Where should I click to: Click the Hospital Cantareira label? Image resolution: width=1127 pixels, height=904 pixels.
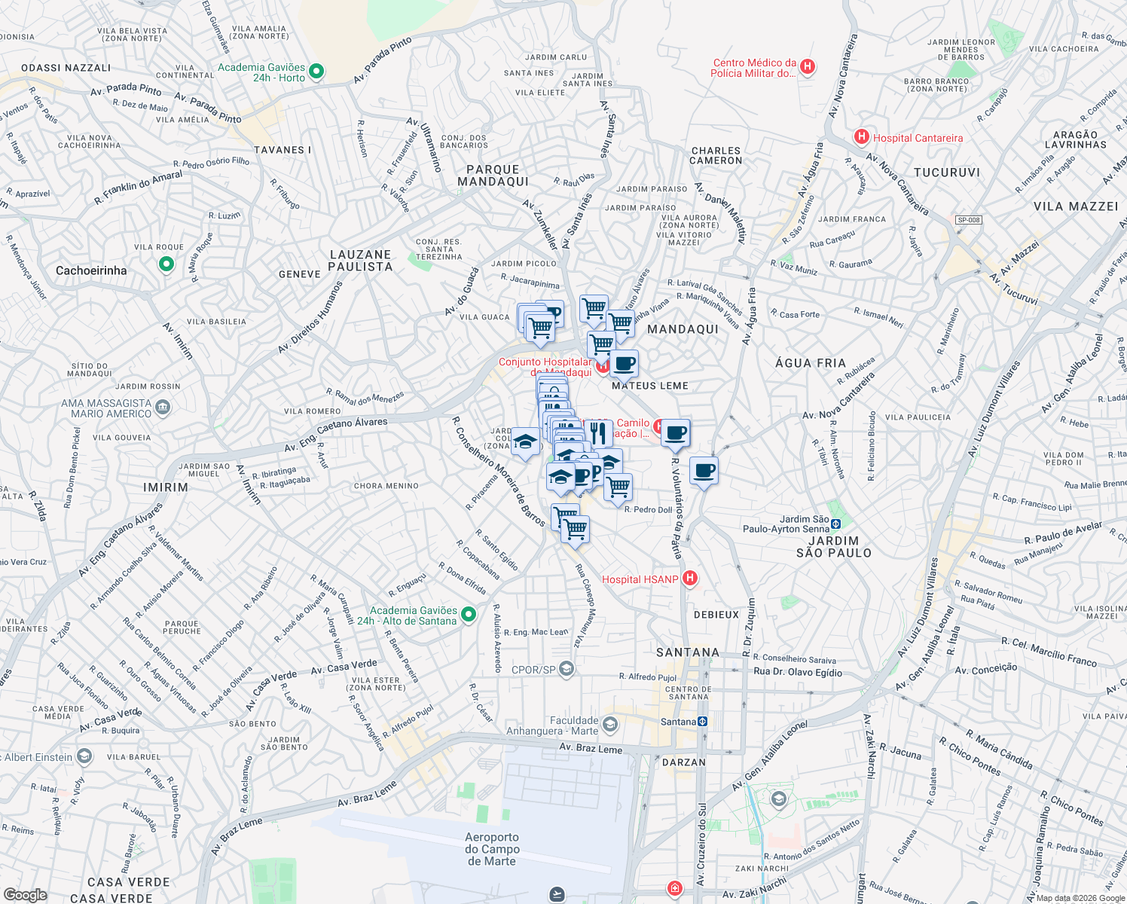tap(918, 138)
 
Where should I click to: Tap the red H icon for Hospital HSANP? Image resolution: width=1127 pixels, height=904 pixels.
tap(689, 579)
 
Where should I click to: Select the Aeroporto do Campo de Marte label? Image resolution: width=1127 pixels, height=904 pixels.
tap(491, 849)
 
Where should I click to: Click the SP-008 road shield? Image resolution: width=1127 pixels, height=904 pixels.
tap(968, 220)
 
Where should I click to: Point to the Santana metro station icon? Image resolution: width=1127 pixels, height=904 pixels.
tap(702, 722)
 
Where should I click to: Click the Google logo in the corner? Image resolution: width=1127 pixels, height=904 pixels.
tap(25, 895)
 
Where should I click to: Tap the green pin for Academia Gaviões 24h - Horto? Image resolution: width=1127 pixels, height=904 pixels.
tap(316, 72)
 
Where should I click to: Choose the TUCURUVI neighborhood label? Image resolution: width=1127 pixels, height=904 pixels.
tap(947, 173)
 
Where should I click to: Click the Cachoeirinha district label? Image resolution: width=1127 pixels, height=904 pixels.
tap(91, 270)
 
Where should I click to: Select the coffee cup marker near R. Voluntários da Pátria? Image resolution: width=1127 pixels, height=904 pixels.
tap(676, 433)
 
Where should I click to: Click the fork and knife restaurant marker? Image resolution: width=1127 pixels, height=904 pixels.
tap(597, 432)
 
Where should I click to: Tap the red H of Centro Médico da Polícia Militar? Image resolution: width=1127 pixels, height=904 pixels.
tap(808, 67)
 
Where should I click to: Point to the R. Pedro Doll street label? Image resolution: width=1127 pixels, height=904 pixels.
tap(648, 510)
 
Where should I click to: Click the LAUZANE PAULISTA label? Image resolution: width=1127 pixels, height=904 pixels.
tap(361, 261)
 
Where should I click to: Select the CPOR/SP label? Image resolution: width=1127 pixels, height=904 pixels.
tap(533, 670)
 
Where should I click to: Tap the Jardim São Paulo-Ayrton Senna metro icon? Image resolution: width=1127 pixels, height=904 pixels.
tap(835, 523)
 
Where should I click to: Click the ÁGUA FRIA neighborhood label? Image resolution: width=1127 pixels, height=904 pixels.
tap(811, 363)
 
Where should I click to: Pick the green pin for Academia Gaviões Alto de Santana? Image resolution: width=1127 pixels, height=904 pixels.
tap(468, 615)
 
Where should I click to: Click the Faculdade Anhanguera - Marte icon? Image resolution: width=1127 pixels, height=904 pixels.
tap(609, 725)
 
